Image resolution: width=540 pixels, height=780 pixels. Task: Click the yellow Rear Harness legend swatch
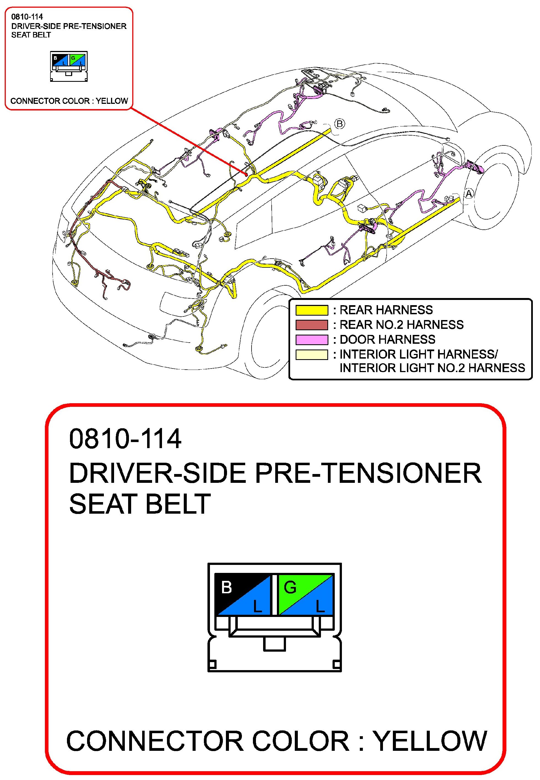[x=312, y=310]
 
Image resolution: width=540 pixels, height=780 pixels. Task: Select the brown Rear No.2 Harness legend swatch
[x=312, y=325]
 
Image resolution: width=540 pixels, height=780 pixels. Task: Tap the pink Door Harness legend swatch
[x=312, y=339]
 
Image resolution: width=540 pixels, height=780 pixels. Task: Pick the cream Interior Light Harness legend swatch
[x=312, y=354]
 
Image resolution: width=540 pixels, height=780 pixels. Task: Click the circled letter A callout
[x=469, y=193]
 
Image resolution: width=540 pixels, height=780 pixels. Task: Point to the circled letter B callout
[x=340, y=124]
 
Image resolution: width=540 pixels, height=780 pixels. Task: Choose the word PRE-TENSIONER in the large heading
[x=368, y=473]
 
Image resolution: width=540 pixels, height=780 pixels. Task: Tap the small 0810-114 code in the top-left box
[x=27, y=17]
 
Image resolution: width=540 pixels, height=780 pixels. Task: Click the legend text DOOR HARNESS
[x=387, y=339]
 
